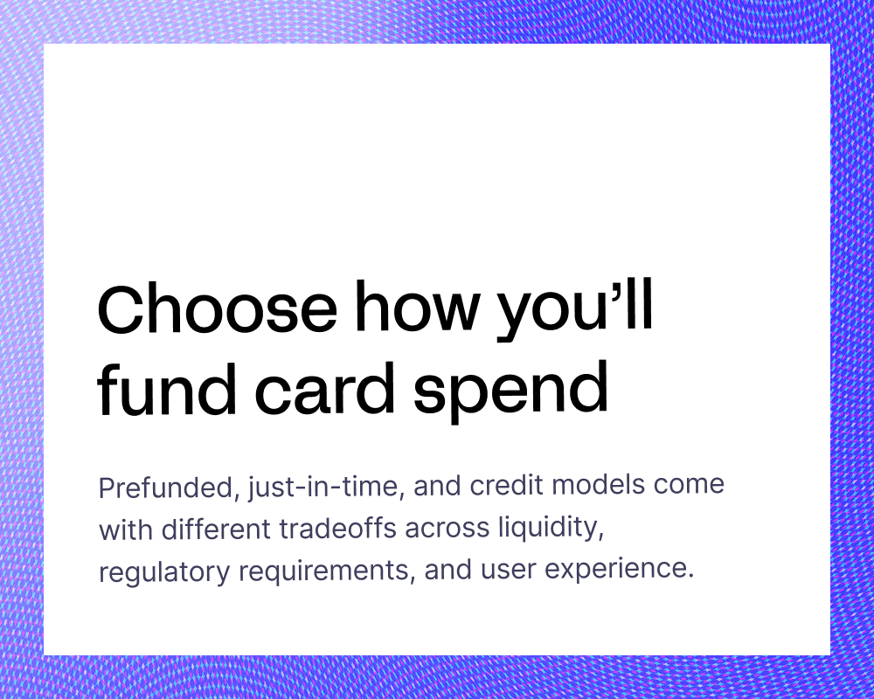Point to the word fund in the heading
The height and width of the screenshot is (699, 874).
click(x=167, y=388)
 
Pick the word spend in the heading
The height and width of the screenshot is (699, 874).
click(x=510, y=391)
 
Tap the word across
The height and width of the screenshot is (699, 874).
click(x=447, y=529)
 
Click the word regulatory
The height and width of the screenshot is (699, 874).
click(x=164, y=572)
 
